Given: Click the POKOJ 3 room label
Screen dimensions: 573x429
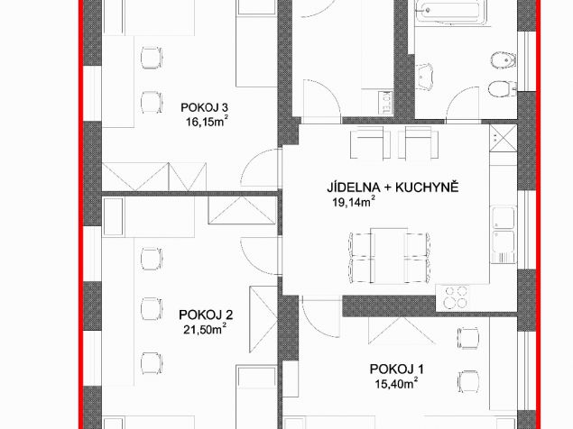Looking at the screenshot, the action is [205, 108].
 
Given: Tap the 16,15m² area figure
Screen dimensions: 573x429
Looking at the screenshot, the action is [208, 121].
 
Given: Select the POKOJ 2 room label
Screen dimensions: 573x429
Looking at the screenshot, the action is [206, 315].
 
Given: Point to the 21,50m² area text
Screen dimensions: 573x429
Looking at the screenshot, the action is [205, 329].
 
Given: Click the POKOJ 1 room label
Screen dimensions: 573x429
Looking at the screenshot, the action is [396, 370].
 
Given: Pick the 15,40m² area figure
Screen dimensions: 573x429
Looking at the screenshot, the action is [396, 383].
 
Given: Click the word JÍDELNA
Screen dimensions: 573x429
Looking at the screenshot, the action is [353, 187].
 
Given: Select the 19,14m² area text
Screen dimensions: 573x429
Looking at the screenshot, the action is [354, 202].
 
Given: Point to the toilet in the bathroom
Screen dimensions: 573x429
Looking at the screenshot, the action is [502, 88].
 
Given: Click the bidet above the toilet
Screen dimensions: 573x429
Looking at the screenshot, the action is [504, 60].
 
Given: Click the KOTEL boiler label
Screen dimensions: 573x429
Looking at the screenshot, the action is [385, 101].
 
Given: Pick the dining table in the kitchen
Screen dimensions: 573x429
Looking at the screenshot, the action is [389, 256].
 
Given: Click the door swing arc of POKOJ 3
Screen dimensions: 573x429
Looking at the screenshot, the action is [252, 160].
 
